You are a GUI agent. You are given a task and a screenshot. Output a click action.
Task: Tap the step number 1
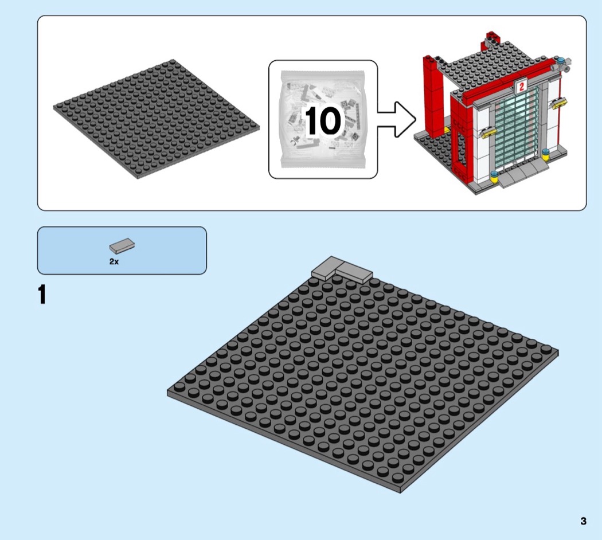point(42,295)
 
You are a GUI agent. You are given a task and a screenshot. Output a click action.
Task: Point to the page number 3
point(583,521)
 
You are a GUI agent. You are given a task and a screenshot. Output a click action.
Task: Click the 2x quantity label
point(114,261)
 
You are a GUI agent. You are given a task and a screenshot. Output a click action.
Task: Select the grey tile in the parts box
point(122,245)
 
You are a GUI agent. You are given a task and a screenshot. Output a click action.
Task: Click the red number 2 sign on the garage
point(521,87)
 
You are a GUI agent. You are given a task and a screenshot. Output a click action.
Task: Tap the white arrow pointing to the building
point(396,119)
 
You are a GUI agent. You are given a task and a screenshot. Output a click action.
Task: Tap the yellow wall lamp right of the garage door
point(560,101)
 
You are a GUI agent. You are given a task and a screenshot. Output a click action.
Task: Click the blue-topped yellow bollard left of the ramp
point(494,177)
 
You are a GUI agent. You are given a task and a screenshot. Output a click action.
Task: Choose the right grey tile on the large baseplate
point(354,273)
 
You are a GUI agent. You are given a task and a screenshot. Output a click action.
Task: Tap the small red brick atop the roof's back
point(492,36)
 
